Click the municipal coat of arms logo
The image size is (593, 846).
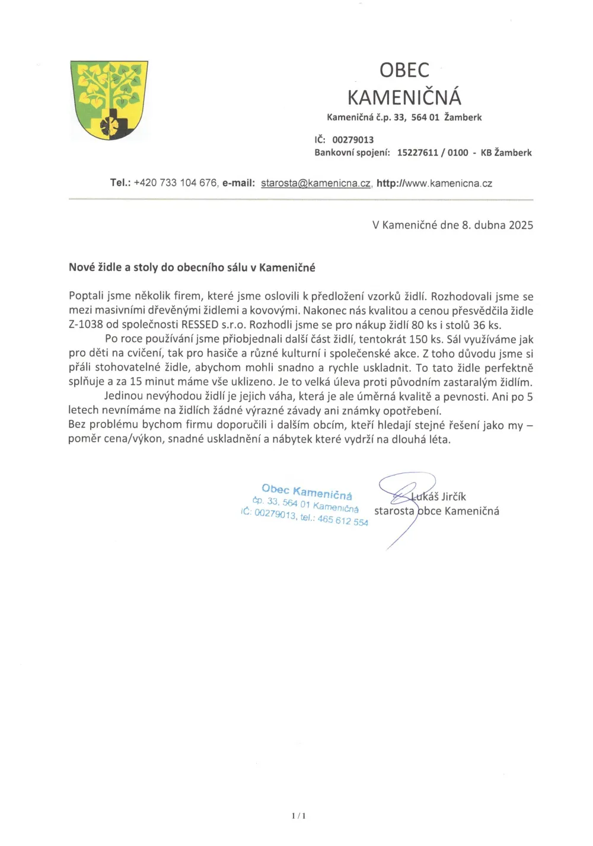coord(109,100)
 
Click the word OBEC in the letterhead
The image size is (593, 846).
coord(404,70)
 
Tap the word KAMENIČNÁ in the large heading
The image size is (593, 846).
coord(404,97)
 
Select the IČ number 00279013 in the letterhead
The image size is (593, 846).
coord(353,140)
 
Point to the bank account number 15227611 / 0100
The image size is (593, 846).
coord(432,153)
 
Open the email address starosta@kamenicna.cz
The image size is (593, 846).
coord(316,183)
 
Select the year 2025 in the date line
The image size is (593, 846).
coord(519,225)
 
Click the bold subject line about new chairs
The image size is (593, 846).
coord(192,267)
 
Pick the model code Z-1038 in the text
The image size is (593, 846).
coord(86,325)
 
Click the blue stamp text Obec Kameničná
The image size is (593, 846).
coord(307,491)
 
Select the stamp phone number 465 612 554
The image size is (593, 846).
coord(343,520)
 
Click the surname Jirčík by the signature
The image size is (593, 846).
coord(454,497)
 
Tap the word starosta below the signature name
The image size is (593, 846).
coord(394,511)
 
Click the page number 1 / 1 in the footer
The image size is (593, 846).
coord(299,816)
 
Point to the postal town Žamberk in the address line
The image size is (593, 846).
coord(463,117)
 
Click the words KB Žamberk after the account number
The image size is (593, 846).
coord(506,153)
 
